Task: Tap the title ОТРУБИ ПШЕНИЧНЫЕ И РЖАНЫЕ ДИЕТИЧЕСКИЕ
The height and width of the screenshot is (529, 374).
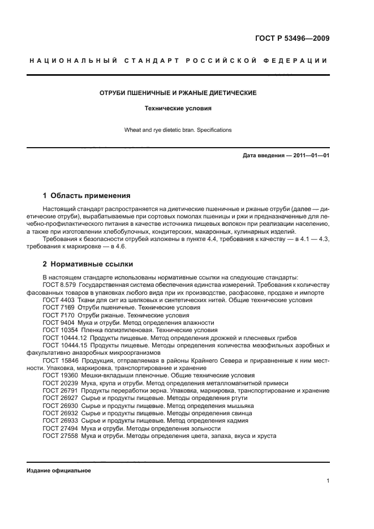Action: (x=178, y=92)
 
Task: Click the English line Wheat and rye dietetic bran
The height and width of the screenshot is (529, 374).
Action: (x=178, y=130)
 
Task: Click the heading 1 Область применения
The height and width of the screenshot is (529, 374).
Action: (x=87, y=196)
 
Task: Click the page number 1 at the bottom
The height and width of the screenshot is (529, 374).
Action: (x=328, y=481)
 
